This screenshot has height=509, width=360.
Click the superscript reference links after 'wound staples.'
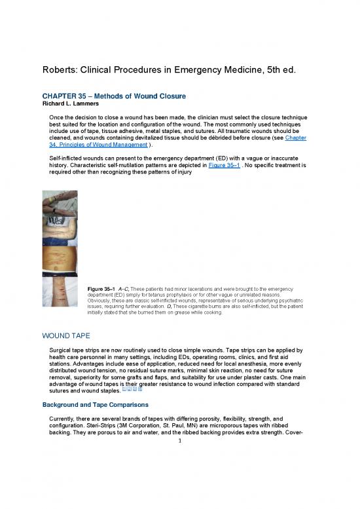click(144, 390)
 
